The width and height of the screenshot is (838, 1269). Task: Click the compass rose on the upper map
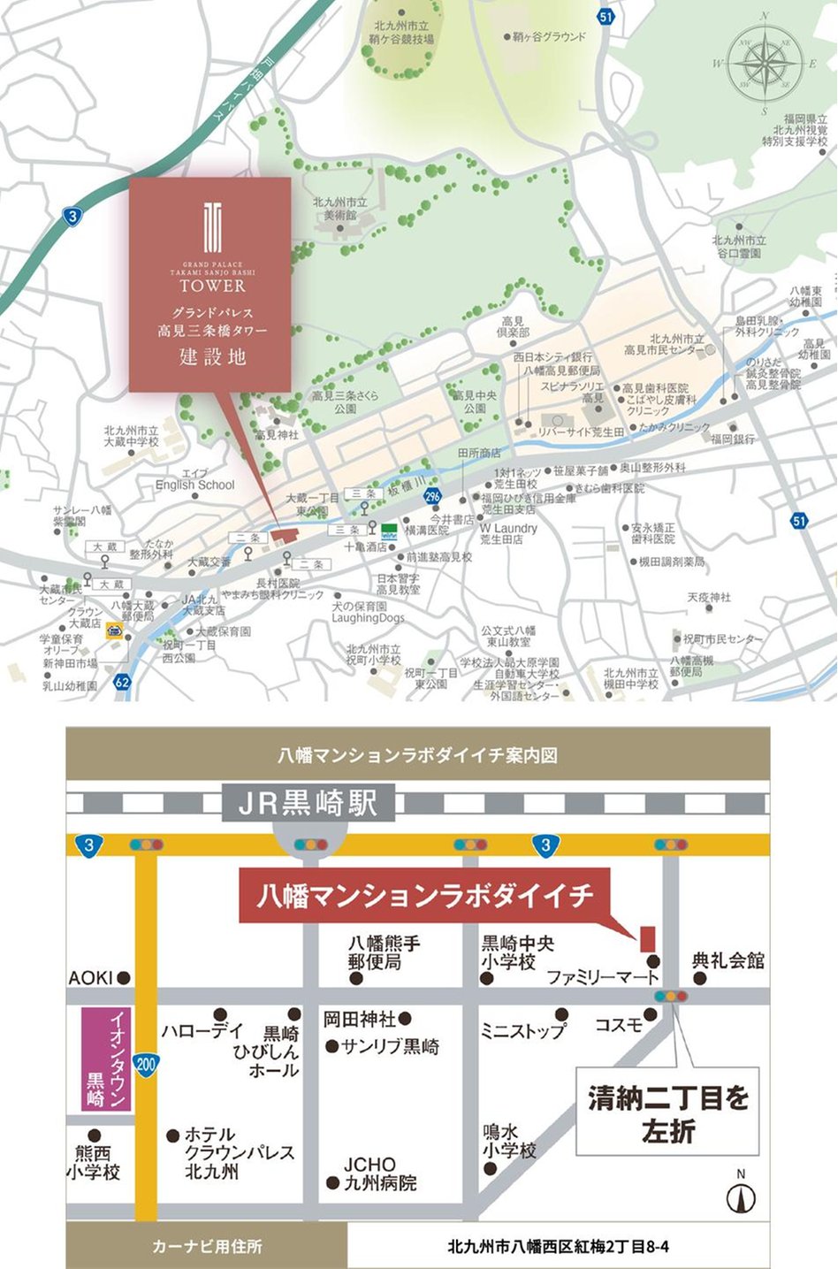(765, 65)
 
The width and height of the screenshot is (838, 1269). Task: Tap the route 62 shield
(122, 682)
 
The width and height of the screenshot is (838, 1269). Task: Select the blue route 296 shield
(431, 497)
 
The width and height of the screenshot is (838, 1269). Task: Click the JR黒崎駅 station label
(309, 804)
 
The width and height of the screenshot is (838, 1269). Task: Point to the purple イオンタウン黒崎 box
(106, 1059)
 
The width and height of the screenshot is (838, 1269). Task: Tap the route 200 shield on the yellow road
(146, 1064)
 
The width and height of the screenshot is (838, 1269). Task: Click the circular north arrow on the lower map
(741, 1199)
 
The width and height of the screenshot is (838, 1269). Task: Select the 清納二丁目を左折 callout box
(667, 1112)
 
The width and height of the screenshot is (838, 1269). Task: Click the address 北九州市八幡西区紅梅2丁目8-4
(558, 1247)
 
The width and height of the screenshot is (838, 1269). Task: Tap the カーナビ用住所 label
(207, 1247)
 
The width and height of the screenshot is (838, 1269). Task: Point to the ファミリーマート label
(603, 977)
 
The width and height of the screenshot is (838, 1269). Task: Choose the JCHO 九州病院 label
(379, 1173)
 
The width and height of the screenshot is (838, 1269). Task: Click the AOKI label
(91, 977)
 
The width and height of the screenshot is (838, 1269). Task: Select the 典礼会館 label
(728, 960)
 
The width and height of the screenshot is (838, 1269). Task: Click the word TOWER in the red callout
(212, 286)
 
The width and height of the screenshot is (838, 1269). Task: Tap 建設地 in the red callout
(212, 357)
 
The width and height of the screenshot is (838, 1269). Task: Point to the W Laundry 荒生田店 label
(508, 533)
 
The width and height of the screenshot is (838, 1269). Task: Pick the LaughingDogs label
(368, 618)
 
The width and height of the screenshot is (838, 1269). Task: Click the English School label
(195, 485)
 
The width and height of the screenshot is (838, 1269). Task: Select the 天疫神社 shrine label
(709, 598)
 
